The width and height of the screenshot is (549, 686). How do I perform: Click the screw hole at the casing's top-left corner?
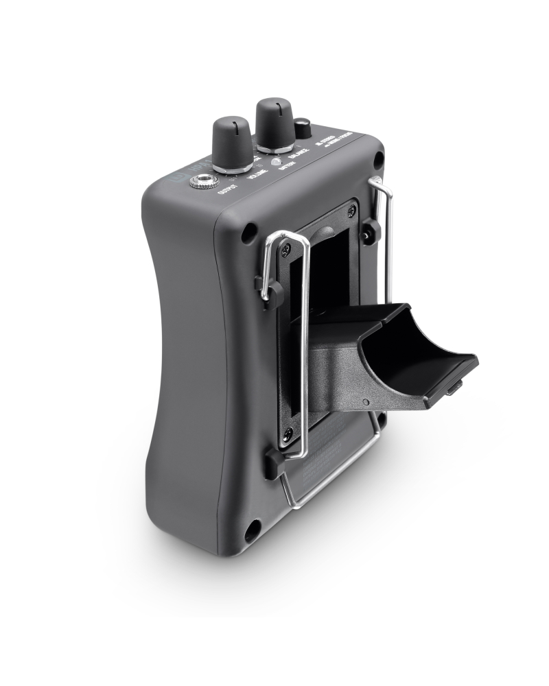247,233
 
